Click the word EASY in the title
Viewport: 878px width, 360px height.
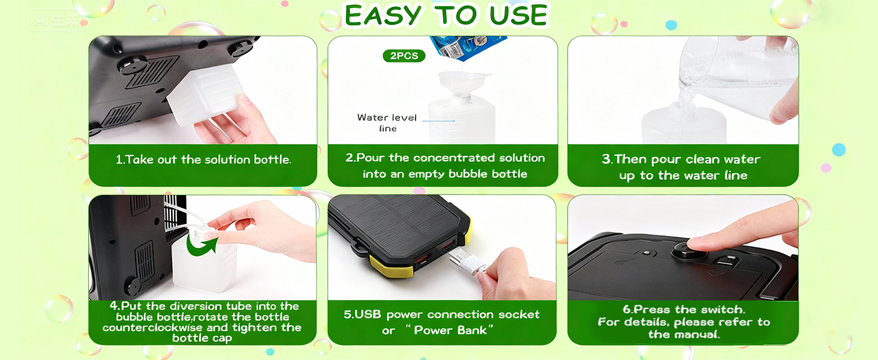click(x=381, y=16)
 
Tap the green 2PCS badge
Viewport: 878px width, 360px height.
click(x=404, y=56)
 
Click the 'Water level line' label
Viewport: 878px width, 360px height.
click(x=387, y=122)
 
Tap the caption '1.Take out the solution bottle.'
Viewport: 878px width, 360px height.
click(x=203, y=160)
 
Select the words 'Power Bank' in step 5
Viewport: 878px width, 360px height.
click(x=454, y=331)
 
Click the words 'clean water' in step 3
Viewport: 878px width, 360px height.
click(x=723, y=160)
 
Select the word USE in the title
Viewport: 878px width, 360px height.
click(x=518, y=16)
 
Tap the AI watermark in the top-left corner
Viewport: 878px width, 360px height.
click(x=56, y=20)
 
